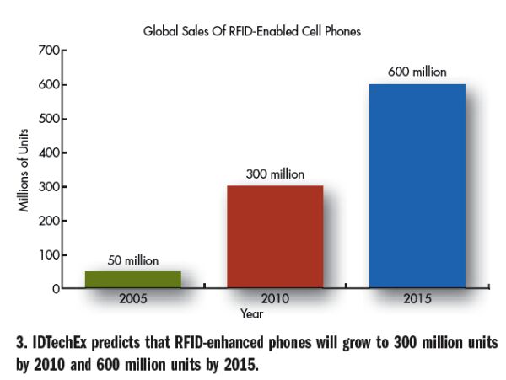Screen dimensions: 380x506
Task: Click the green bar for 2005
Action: (132, 279)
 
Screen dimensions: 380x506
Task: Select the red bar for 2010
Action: (275, 237)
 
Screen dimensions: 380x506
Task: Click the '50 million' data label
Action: (132, 260)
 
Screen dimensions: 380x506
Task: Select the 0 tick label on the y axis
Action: (53, 288)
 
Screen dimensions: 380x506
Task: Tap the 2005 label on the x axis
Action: (132, 299)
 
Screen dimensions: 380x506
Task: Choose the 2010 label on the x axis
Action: (275, 299)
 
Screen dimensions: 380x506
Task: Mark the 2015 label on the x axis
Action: (417, 299)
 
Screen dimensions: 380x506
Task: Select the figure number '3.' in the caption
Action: (18, 344)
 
